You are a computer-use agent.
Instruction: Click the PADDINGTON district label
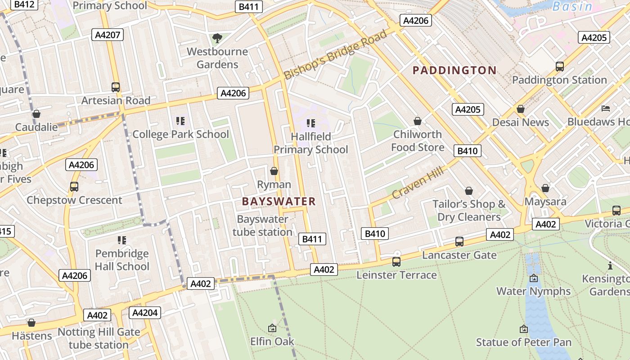[454, 70]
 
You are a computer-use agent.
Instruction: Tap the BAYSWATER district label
[279, 201]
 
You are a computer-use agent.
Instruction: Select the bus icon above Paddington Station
[559, 67]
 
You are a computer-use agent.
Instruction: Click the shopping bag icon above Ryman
[274, 171]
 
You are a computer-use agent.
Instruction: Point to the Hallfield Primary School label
[310, 143]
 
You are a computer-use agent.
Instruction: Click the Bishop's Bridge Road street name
[336, 54]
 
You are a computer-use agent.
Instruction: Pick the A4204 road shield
[145, 313]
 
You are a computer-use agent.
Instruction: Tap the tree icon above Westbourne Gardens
[217, 38]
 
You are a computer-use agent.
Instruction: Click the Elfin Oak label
[272, 341]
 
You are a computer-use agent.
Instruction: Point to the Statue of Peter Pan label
[524, 342]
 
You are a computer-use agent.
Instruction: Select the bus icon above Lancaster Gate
[459, 242]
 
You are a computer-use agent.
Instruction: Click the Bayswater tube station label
[263, 225]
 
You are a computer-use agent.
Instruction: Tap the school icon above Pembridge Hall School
[121, 240]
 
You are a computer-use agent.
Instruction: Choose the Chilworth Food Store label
[418, 140]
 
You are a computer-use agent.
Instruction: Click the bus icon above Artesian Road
[116, 87]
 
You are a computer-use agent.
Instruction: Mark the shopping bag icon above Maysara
[545, 188]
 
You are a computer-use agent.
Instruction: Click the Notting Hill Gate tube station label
[99, 338]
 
